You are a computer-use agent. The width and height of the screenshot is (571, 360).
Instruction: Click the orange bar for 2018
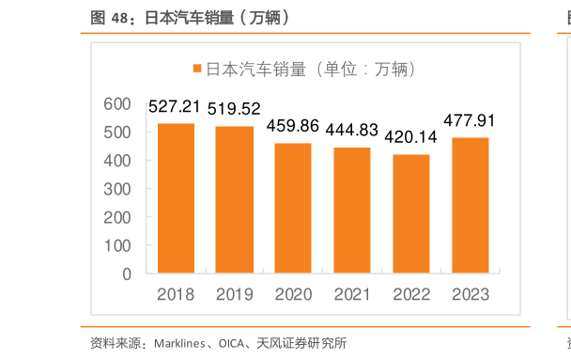[x=176, y=198]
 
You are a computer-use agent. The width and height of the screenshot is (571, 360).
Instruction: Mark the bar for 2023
[x=470, y=206]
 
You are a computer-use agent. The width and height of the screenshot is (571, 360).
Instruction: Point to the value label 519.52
[x=234, y=109]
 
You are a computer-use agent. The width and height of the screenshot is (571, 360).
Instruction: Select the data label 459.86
[x=293, y=125]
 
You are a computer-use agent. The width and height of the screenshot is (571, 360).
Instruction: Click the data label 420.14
[x=411, y=136]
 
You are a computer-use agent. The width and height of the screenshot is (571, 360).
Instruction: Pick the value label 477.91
[x=470, y=120]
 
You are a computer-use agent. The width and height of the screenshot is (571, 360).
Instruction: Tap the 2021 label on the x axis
[x=352, y=294]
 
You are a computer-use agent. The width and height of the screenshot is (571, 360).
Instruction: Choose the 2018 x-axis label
[x=176, y=294]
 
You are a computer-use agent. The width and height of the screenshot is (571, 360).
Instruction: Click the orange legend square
[x=197, y=70]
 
